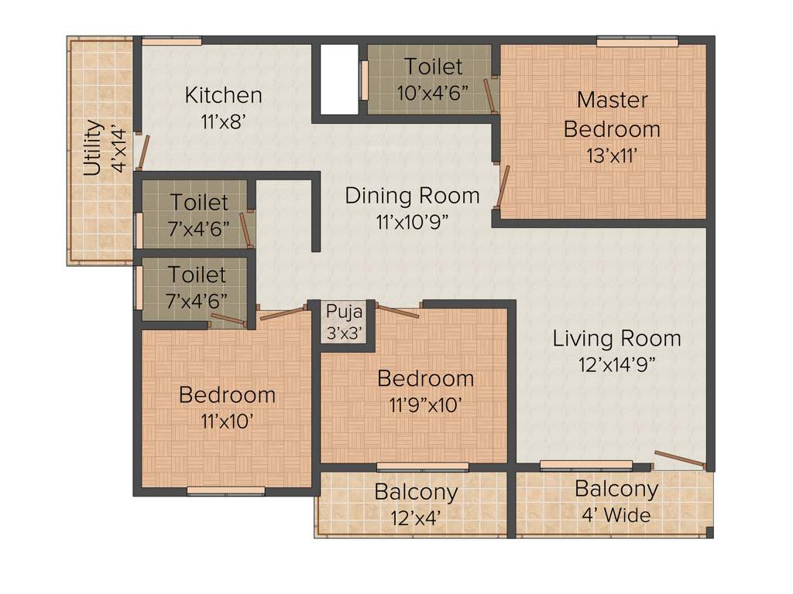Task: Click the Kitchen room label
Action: click(x=223, y=95)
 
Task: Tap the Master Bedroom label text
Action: click(x=612, y=114)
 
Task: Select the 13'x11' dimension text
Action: click(x=612, y=155)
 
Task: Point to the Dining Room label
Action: click(x=412, y=195)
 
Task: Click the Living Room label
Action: click(x=616, y=338)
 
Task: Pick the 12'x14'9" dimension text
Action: click(x=616, y=364)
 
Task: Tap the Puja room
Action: click(x=342, y=320)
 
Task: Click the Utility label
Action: click(x=92, y=148)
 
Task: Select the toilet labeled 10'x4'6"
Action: click(x=432, y=80)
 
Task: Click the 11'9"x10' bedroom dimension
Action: click(x=426, y=405)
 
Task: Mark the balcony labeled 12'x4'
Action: click(x=416, y=503)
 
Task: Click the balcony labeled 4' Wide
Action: click(x=616, y=501)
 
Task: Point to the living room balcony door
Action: click(x=679, y=459)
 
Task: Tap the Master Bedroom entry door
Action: click(x=504, y=185)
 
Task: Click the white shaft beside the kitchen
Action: click(x=339, y=80)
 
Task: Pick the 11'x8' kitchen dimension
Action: click(x=223, y=121)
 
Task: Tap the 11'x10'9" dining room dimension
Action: click(x=412, y=221)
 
